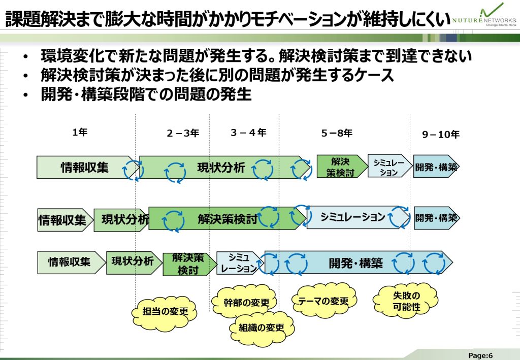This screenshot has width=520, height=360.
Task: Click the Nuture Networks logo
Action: [484, 15]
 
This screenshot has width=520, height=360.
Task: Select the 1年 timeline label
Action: [80, 133]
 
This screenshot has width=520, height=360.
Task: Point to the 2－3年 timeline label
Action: [183, 134]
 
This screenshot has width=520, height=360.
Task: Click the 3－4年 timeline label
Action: [248, 133]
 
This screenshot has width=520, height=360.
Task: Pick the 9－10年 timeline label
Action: [441, 135]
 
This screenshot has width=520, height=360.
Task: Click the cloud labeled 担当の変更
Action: [165, 311]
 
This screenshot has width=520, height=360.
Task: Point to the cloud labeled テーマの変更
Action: [323, 301]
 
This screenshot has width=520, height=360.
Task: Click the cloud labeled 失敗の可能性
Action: [406, 301]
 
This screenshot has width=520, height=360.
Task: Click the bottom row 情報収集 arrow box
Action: [70, 262]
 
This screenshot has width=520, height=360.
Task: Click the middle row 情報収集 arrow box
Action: [63, 220]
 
